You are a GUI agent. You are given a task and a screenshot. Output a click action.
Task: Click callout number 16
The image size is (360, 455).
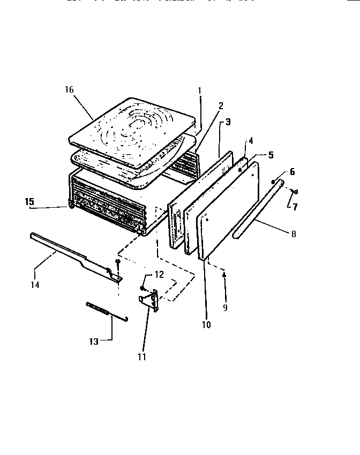pos(70,90)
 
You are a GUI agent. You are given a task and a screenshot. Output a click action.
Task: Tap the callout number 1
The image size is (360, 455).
pos(199,90)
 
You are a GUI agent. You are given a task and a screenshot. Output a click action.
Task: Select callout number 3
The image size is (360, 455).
pos(228,122)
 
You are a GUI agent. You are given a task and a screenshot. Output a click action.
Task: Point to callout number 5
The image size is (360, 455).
pos(271,155)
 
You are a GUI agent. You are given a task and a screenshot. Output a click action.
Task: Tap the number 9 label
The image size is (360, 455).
pos(225,308)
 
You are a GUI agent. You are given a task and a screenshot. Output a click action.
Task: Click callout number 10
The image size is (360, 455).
pos(206,324)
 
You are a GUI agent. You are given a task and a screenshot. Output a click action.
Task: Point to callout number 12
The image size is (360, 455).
pos(159,274)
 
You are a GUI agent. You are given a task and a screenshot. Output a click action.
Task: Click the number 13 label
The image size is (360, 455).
pos(94,342)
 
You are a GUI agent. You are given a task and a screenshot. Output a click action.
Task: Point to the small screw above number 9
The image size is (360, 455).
pos(225,275)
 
